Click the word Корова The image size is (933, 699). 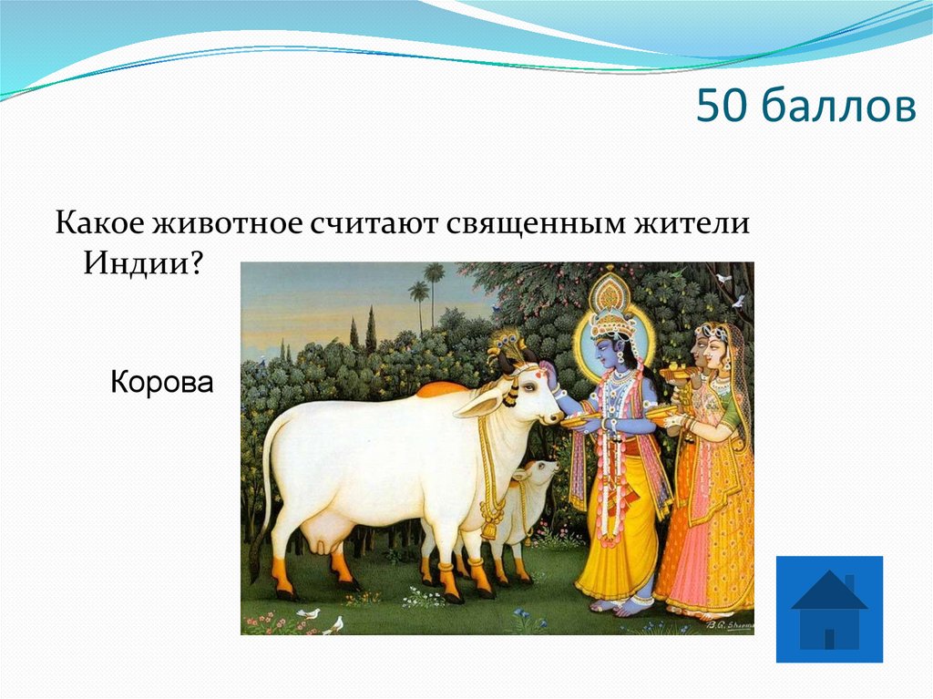click(x=161, y=381)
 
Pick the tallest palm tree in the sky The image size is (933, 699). click(x=434, y=273)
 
